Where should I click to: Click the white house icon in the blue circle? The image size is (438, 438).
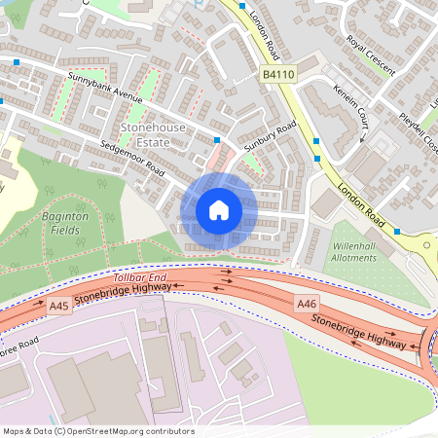(219, 210)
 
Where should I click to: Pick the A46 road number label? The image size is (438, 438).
(307, 304)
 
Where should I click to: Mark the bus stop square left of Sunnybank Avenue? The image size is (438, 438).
(18, 63)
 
